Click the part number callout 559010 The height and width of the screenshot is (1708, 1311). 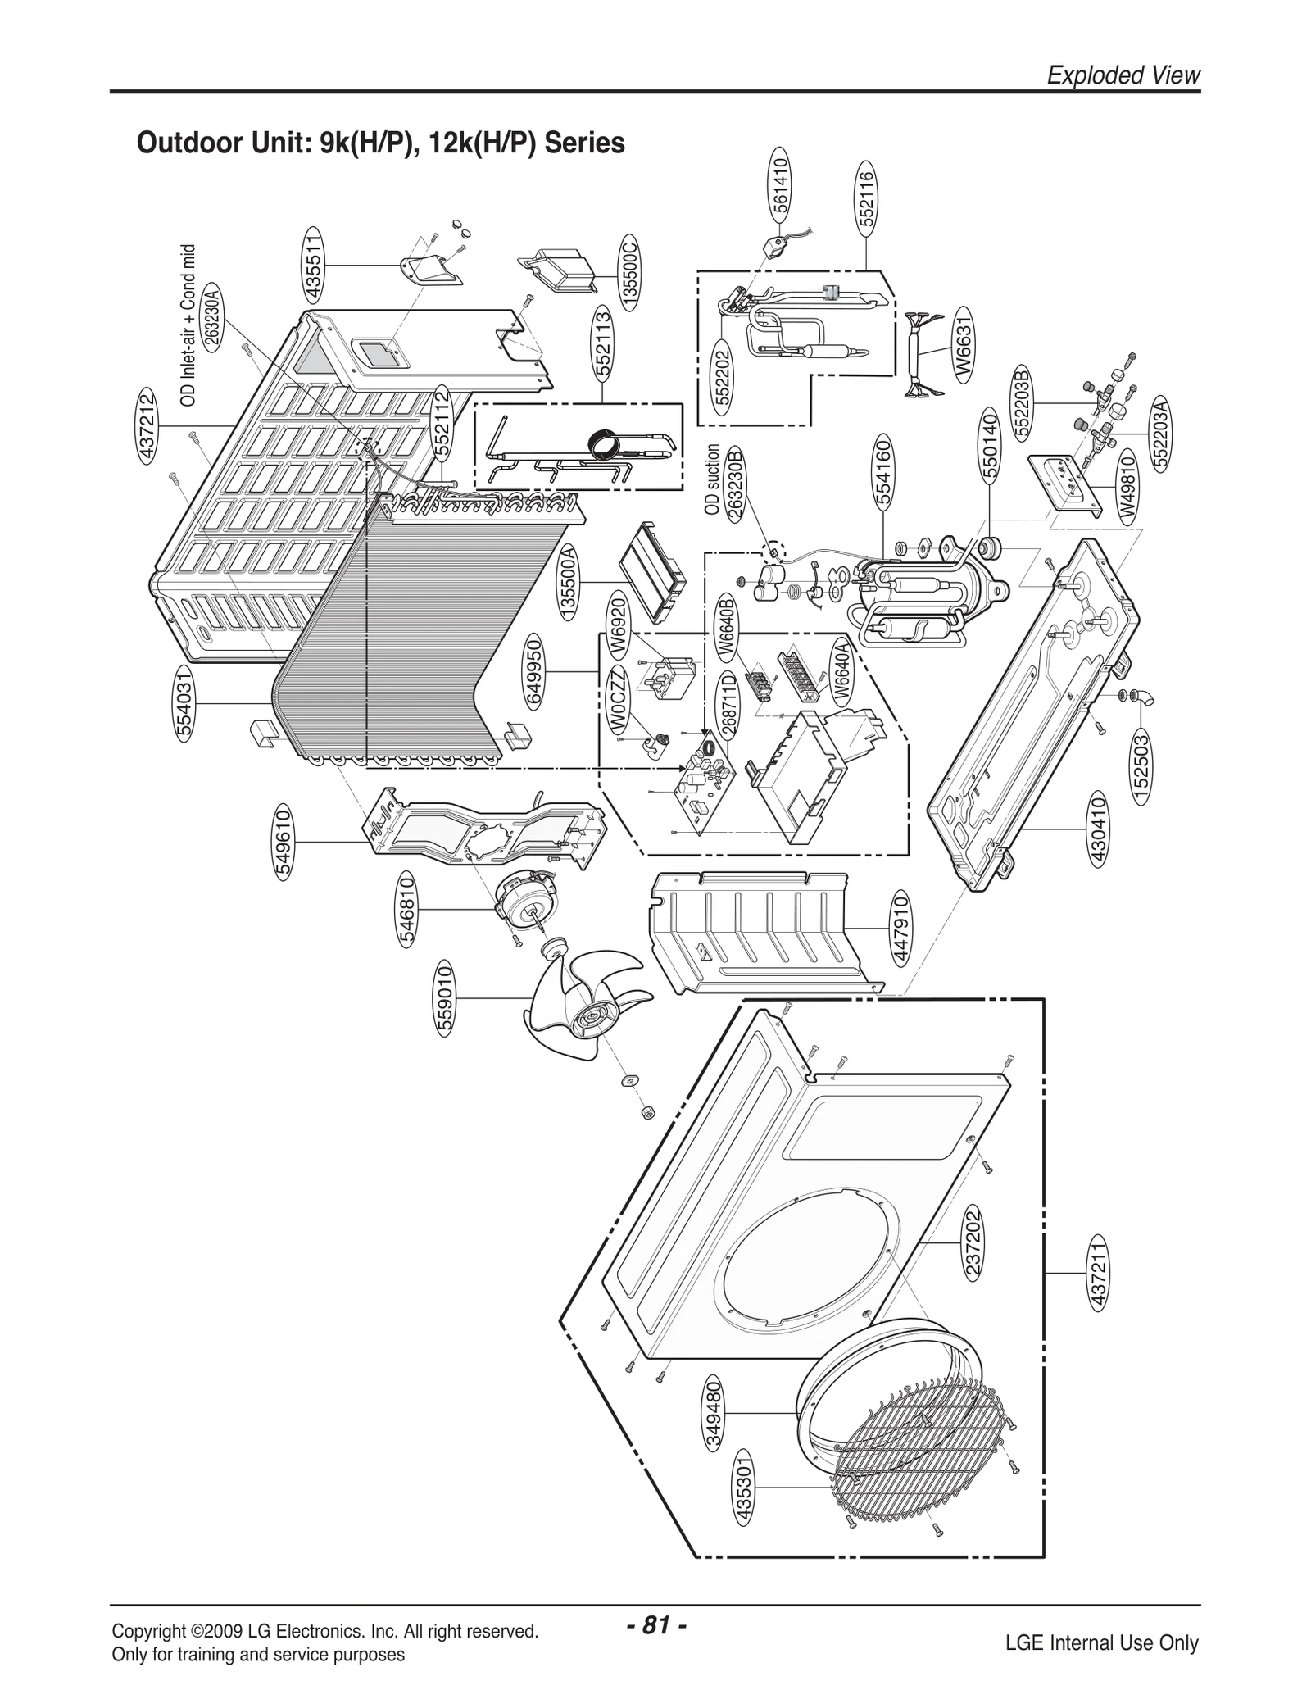[x=445, y=997]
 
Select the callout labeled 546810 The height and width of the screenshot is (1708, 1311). [x=407, y=910]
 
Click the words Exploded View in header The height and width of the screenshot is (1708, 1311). [x=1123, y=75]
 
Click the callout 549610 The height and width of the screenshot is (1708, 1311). [x=283, y=842]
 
